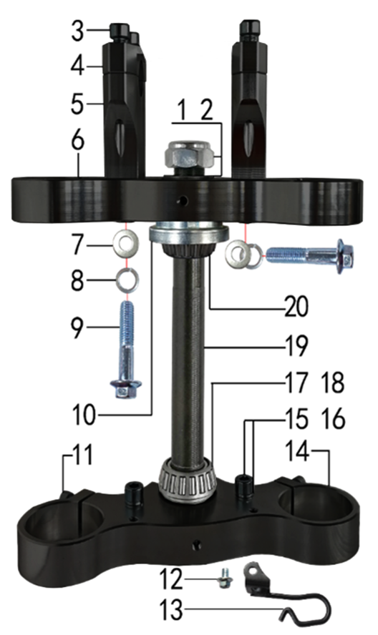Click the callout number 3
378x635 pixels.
[x=77, y=31]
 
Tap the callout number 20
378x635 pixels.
[x=296, y=307]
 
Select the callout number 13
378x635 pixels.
[x=171, y=610]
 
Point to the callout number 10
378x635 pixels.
[x=84, y=415]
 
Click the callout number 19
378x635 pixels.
[x=296, y=346]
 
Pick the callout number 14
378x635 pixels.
[x=298, y=451]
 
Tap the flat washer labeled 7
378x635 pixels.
[x=125, y=243]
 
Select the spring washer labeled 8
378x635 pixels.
[x=127, y=280]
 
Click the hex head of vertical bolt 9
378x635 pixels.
[x=126, y=389]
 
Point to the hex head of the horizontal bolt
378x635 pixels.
[x=345, y=256]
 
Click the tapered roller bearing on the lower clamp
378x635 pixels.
[x=188, y=480]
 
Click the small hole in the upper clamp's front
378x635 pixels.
[x=183, y=200]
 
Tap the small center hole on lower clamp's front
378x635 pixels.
[x=198, y=545]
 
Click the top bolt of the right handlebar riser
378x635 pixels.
[x=249, y=29]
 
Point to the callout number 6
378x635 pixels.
[x=77, y=141]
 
